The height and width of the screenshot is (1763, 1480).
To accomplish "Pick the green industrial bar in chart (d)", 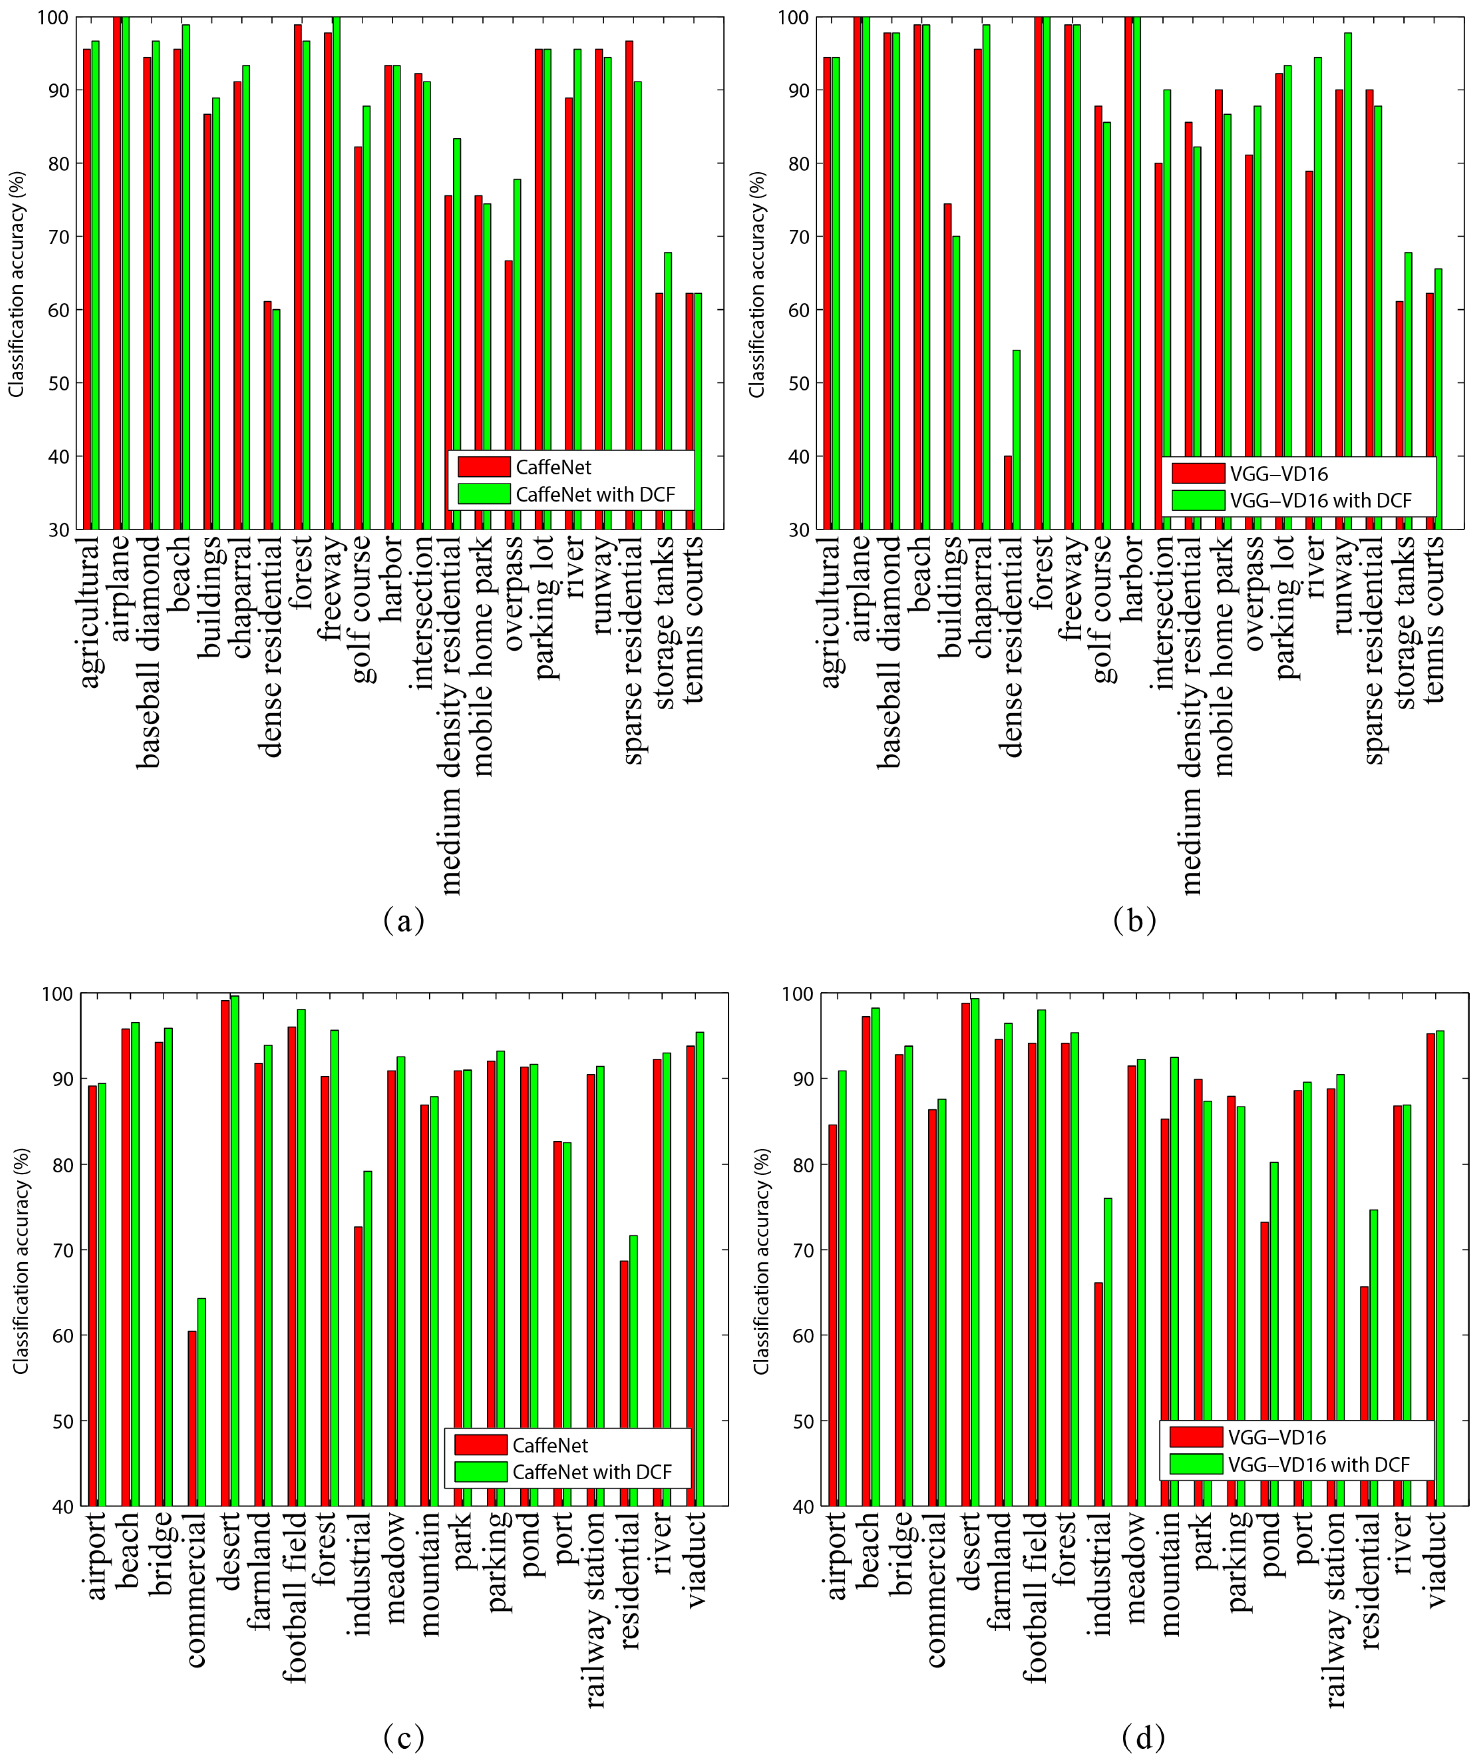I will pos(1107,1343).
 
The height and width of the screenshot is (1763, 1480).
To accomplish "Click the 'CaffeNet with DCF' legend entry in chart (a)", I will pos(594,495).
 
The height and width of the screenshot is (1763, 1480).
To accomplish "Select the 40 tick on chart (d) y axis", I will pos(804,1507).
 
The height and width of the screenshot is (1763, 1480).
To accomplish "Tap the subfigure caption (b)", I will pos(1134,920).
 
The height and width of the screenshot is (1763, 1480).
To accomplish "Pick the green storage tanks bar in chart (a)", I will pos(667,391).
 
